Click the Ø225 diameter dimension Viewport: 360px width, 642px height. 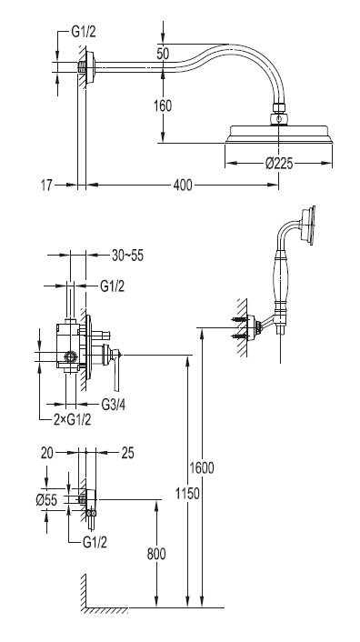(x=279, y=164)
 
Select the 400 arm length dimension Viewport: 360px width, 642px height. (x=183, y=186)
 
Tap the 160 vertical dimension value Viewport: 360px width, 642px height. (x=163, y=106)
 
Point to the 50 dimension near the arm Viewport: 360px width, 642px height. (x=163, y=54)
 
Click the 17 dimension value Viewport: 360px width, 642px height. (x=46, y=186)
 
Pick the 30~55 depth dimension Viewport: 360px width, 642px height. (x=127, y=256)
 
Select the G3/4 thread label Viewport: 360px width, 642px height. (x=114, y=405)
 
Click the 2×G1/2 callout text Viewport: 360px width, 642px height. (x=73, y=419)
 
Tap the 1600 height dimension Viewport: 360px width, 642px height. (x=201, y=467)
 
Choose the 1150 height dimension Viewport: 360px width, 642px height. (x=187, y=494)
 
